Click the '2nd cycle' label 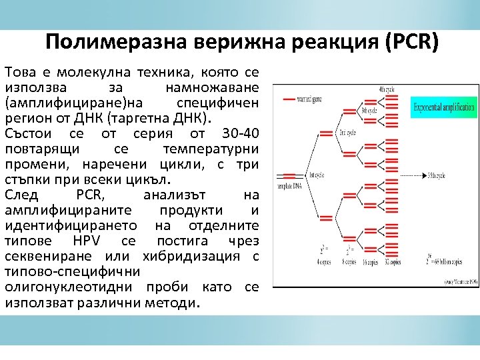click(347, 132)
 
